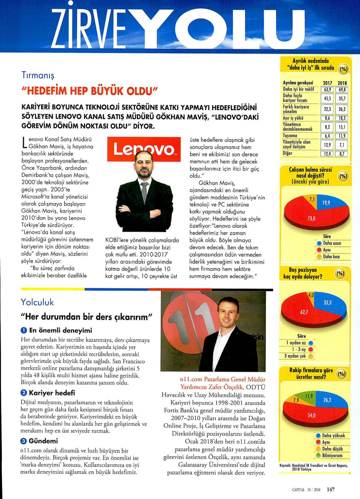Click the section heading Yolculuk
37,302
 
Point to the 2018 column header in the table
342,83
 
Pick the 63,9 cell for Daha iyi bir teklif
327,89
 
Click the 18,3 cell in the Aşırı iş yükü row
342,118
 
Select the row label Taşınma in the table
290,136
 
